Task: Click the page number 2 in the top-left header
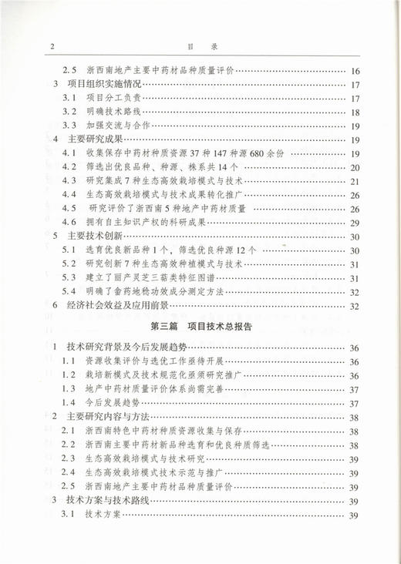click(50, 47)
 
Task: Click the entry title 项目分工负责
click(113, 99)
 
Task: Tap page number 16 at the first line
click(355, 71)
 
